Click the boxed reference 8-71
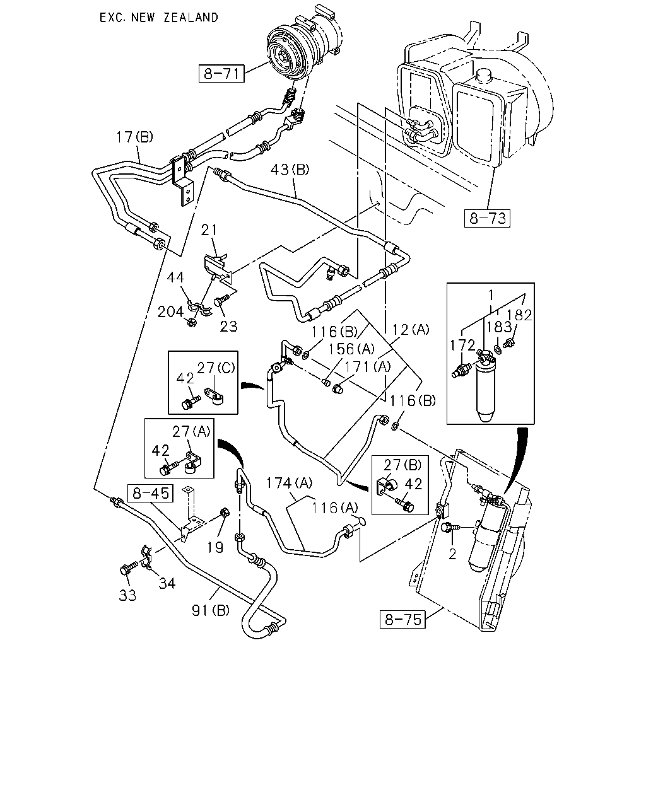[221, 74]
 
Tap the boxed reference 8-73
[487, 218]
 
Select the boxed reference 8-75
[402, 618]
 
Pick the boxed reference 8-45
[151, 493]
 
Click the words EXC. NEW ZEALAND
[158, 18]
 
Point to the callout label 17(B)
[134, 137]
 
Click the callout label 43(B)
[290, 170]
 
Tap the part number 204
[170, 312]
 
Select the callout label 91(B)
[211, 610]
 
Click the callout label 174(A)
[289, 483]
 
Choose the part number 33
[127, 595]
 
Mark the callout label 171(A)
[368, 367]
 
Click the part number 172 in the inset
[462, 345]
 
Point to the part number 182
[519, 315]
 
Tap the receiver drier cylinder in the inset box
[485, 390]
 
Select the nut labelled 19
[224, 512]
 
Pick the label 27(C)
[216, 368]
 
